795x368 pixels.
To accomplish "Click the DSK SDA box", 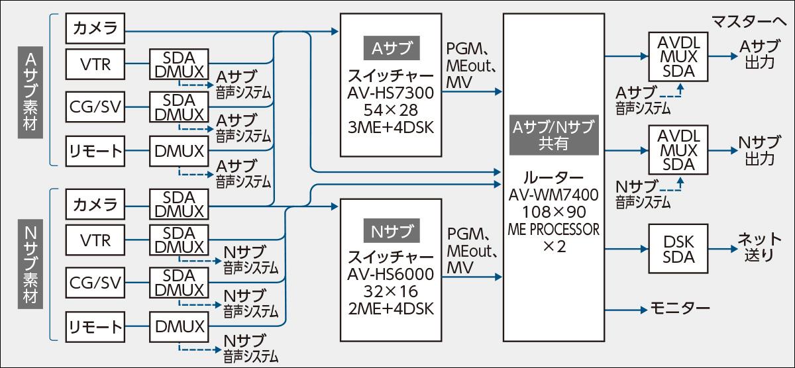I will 678,248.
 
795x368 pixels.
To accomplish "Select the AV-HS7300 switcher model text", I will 390,90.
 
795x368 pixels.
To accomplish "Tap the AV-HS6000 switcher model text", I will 390,274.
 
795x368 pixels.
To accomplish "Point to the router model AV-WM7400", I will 554,195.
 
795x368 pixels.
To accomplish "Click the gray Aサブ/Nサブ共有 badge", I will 554,134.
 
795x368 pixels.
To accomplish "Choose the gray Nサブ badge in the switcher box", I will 391,232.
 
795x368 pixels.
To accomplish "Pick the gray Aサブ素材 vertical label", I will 29,92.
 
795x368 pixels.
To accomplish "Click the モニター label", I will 680,309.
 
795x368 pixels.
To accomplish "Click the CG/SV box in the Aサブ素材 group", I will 94,106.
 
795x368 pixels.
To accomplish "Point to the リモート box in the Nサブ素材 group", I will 95,327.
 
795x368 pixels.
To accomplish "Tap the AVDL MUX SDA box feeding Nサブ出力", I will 678,150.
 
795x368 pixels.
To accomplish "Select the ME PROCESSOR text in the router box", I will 554,230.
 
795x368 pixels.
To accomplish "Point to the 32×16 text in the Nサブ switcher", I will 390,291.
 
